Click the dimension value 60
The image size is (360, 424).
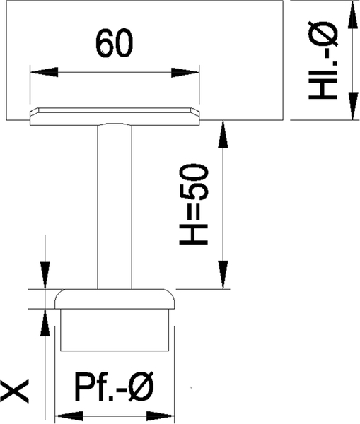pos(115,44)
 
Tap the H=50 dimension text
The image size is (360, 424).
pos(194,204)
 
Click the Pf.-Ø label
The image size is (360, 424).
pos(115,387)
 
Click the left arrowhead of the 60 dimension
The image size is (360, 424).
pos(44,72)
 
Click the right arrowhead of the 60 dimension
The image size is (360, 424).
pos(185,73)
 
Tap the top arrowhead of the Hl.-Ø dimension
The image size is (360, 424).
pos(352,14)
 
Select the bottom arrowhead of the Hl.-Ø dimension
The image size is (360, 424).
pos(352,106)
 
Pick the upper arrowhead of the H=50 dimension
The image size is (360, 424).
pos(223,134)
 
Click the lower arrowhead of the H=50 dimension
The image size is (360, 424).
pos(223,275)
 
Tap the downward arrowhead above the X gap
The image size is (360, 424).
pos(45,276)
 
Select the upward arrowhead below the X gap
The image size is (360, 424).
pos(45,323)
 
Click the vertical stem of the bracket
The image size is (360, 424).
pos(115,207)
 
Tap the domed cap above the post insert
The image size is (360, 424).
pos(115,299)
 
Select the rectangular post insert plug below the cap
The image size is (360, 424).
pos(115,330)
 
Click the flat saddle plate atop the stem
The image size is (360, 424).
pos(115,117)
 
